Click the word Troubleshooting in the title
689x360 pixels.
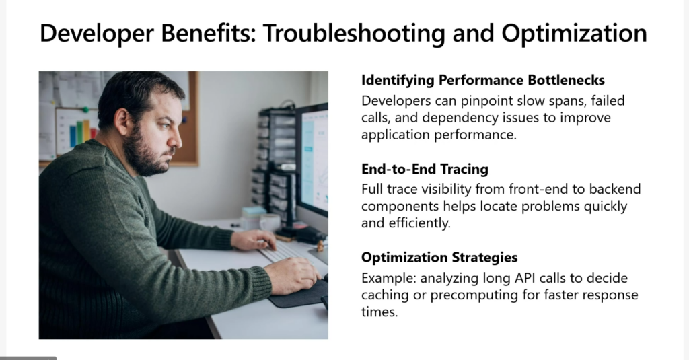pyautogui.click(x=354, y=34)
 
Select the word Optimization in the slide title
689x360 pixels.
pyautogui.click(x=575, y=34)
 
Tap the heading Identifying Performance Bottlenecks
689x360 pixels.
pyautogui.click(x=483, y=80)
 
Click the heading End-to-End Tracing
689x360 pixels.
pyautogui.click(x=425, y=169)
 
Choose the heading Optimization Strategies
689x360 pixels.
pyautogui.click(x=439, y=257)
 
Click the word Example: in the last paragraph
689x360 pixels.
pyautogui.click(x=388, y=278)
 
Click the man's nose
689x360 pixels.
pyautogui.click(x=176, y=137)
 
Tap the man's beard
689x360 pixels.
pyautogui.click(x=145, y=154)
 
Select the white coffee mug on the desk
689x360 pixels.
pyautogui.click(x=269, y=223)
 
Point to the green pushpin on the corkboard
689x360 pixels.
pyautogui.click(x=85, y=110)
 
